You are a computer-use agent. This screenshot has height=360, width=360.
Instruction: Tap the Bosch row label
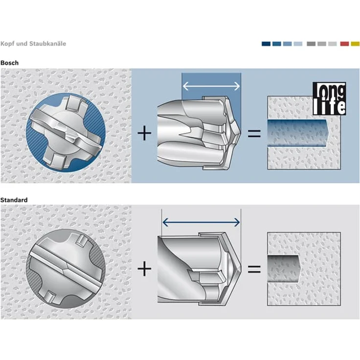point(9,63)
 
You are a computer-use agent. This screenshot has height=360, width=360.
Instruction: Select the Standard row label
point(14,200)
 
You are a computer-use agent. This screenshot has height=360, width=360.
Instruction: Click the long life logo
point(329,98)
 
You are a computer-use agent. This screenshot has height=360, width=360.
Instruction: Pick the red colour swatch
point(344,44)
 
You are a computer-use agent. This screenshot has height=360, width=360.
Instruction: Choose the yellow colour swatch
point(355,44)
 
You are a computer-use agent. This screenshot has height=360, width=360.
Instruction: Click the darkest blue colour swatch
point(266,44)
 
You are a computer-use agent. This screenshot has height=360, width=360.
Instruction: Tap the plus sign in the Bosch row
point(144,133)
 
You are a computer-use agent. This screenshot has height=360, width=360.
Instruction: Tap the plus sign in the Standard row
point(144,269)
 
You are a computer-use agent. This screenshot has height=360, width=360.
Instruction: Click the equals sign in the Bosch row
point(254,134)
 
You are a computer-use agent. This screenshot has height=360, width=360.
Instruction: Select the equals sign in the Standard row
point(254,269)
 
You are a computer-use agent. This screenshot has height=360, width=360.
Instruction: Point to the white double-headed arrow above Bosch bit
point(211,86)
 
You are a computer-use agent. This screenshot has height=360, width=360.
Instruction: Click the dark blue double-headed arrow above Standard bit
point(201,222)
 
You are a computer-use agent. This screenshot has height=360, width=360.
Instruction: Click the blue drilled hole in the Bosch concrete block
point(298,133)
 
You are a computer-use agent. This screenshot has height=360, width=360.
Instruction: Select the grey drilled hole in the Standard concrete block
point(284,269)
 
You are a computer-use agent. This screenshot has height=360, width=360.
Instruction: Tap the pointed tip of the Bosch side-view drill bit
point(240,133)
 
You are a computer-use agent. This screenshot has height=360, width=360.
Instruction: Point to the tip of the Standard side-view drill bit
point(241,269)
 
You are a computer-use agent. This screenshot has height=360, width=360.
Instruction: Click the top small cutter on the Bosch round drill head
point(73,102)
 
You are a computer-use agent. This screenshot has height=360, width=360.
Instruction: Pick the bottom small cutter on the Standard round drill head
point(49,297)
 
